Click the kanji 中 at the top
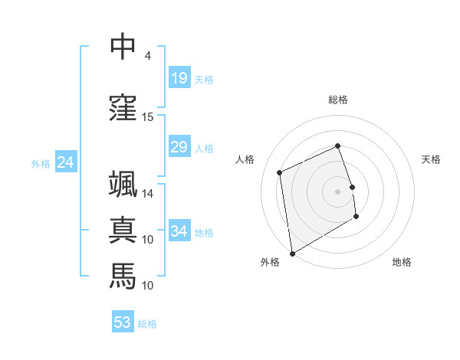pyautogui.click(x=123, y=47)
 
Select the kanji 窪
pyautogui.click(x=123, y=108)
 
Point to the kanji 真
pyautogui.click(x=123, y=230)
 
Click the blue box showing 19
pyautogui.click(x=179, y=77)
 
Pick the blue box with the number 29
pyautogui.click(x=179, y=147)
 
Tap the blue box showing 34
pyautogui.click(x=179, y=231)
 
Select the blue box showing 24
pyautogui.click(x=66, y=162)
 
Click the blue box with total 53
pyautogui.click(x=123, y=322)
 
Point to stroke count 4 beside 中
pyautogui.click(x=148, y=56)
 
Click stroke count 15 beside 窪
pyautogui.click(x=148, y=117)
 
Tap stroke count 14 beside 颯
pyautogui.click(x=148, y=194)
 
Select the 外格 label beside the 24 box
pyautogui.click(x=41, y=163)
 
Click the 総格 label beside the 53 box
pyautogui.click(x=147, y=324)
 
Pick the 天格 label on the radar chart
pyautogui.click(x=431, y=159)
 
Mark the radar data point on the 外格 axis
pyautogui.click(x=292, y=253)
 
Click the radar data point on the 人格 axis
pyautogui.click(x=280, y=172)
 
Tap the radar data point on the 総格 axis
pyautogui.click(x=337, y=146)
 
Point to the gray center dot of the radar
pyautogui.click(x=337, y=191)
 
